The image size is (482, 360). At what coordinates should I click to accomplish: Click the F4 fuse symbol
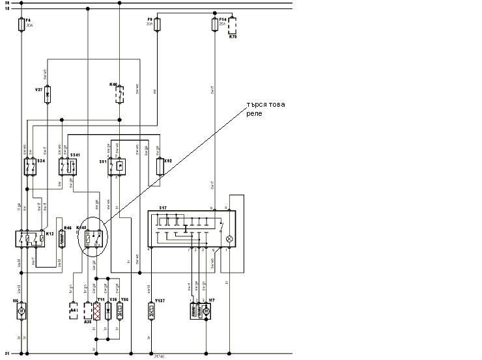(x=22, y=25)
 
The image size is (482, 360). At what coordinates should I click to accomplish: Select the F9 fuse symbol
(x=156, y=25)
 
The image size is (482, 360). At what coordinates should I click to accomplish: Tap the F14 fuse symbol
(x=215, y=25)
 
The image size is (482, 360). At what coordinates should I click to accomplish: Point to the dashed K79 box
(x=232, y=26)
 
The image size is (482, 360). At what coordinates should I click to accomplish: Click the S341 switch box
(x=67, y=167)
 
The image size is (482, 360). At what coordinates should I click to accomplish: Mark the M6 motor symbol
(x=21, y=311)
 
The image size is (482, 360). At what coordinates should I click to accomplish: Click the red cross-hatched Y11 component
(x=98, y=310)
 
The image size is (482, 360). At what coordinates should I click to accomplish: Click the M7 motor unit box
(x=199, y=311)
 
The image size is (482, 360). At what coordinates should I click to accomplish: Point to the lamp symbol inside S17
(x=228, y=239)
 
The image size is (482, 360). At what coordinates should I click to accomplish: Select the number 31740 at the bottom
(x=160, y=356)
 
